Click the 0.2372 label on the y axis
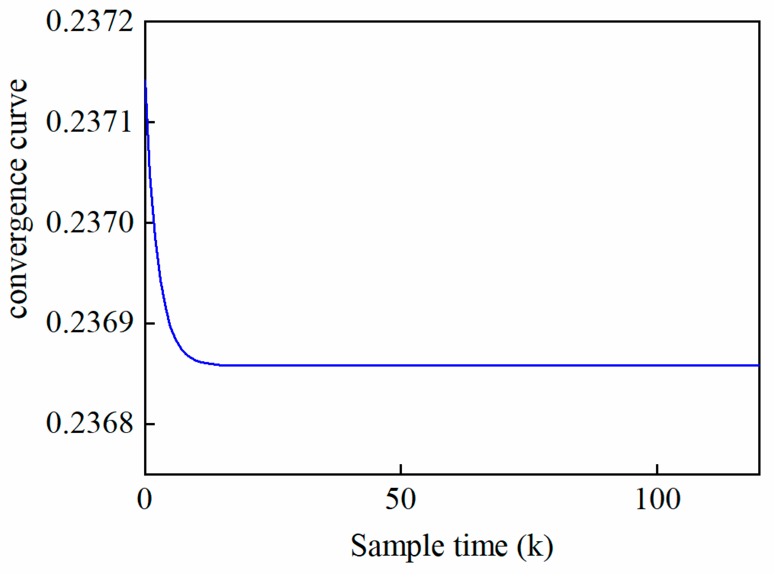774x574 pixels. click(90, 22)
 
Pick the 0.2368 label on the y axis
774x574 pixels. click(90, 424)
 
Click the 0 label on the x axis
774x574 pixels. click(145, 500)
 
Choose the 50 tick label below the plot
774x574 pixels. click(400, 500)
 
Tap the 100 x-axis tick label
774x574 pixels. click(657, 500)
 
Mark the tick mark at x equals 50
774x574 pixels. click(401, 469)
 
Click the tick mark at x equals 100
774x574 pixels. click(657, 469)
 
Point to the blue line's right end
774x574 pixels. click(759, 365)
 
